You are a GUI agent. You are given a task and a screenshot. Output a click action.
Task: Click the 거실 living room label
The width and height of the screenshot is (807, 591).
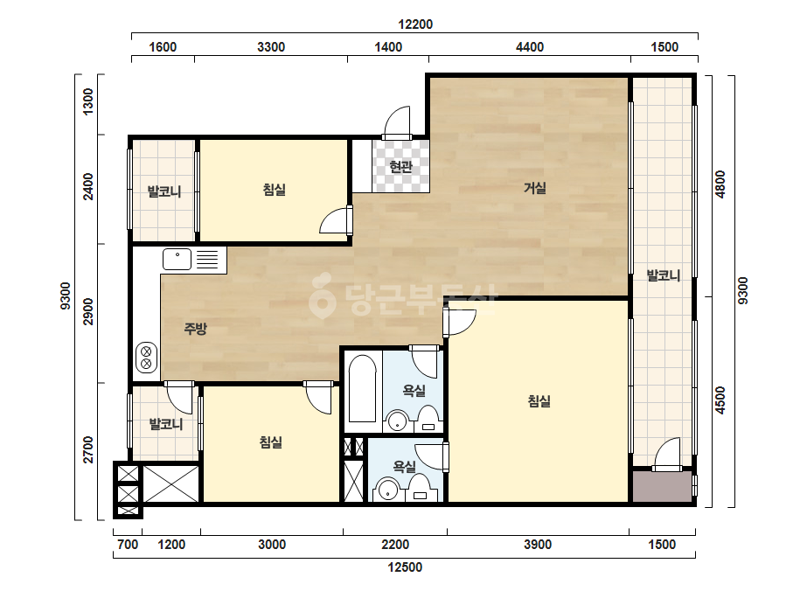point(535,188)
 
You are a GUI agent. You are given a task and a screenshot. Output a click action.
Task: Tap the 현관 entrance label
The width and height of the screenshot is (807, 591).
point(400,166)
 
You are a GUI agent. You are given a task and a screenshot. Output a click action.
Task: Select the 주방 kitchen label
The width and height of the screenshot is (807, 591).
point(196,328)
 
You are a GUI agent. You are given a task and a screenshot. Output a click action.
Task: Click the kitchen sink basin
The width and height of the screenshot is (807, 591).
point(177,259)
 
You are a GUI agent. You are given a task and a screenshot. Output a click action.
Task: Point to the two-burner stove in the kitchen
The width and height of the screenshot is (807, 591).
point(146,358)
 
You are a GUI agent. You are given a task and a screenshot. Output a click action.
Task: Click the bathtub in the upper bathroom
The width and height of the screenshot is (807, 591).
point(362,388)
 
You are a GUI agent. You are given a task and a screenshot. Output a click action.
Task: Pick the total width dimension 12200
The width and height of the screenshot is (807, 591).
point(415,24)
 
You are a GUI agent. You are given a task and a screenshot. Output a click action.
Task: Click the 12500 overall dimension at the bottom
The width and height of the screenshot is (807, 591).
point(405,567)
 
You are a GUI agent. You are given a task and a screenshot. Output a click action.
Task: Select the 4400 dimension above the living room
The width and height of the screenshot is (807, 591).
point(530,47)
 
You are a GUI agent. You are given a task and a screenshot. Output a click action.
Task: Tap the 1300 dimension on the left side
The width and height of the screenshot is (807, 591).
point(88,102)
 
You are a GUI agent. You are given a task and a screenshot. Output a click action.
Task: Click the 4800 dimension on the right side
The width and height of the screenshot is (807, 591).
point(720,184)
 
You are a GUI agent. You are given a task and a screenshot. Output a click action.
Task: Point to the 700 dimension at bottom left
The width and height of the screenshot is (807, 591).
point(128,544)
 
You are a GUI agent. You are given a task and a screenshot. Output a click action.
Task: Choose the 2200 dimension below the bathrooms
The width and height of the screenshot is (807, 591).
point(395,544)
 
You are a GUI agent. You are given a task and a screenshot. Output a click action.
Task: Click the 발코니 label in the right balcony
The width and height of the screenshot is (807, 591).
point(664,275)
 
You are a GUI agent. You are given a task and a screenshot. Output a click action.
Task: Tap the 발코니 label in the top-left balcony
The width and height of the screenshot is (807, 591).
point(164,191)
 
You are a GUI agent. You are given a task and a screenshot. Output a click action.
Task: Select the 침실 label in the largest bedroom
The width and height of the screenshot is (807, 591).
point(539,400)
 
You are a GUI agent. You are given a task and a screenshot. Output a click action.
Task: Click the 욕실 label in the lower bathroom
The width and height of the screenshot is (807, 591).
point(405,466)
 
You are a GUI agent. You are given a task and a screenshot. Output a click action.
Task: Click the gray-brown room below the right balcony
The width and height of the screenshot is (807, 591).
point(662,486)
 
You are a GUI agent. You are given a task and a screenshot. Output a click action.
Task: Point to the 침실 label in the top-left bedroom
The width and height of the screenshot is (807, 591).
point(274,190)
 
